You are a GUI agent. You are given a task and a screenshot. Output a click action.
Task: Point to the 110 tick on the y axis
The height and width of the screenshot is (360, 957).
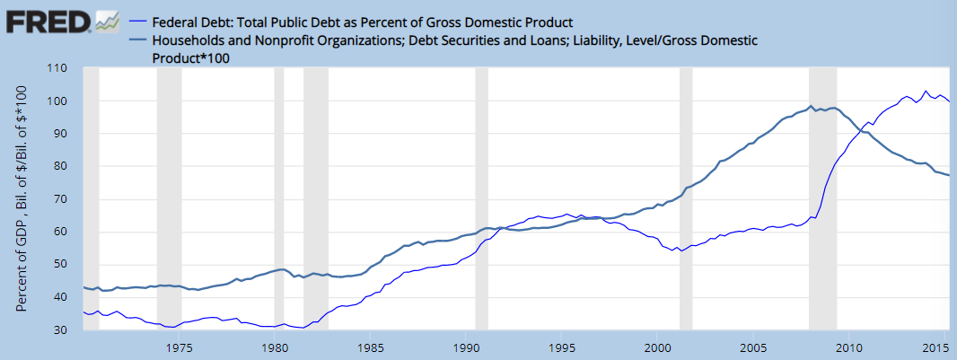pyautogui.click(x=58, y=69)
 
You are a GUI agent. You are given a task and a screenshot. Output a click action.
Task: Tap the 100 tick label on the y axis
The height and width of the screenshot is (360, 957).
pyautogui.click(x=58, y=101)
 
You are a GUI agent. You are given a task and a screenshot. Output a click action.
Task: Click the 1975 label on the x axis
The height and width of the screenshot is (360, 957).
pyautogui.click(x=180, y=347)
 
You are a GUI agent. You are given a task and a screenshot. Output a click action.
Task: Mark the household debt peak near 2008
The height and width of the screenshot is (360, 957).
pyautogui.click(x=811, y=106)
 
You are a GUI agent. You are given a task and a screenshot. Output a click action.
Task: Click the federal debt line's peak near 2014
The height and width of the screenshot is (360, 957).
pyautogui.click(x=926, y=91)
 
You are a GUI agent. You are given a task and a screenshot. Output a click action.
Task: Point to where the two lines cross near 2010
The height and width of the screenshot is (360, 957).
pyautogui.click(x=860, y=132)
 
